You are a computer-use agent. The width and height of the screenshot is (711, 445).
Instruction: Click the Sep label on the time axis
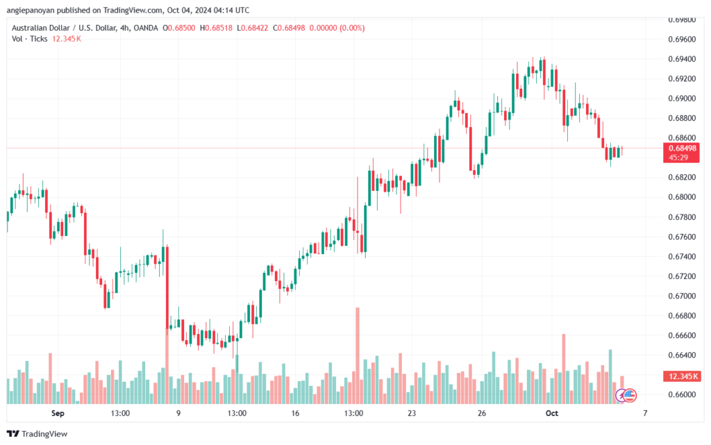(58, 413)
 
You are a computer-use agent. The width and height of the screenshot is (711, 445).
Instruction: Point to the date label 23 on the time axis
(412, 413)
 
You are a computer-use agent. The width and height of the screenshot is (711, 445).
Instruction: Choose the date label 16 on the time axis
(295, 413)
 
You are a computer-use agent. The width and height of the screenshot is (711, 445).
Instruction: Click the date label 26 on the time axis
(481, 413)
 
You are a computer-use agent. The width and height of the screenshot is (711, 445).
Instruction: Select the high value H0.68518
(216, 28)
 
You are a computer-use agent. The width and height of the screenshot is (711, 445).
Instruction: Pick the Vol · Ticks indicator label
(30, 39)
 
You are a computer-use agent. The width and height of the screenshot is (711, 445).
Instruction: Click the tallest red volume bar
(358, 354)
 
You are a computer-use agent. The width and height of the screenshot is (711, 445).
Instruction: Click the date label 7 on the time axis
(645, 413)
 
